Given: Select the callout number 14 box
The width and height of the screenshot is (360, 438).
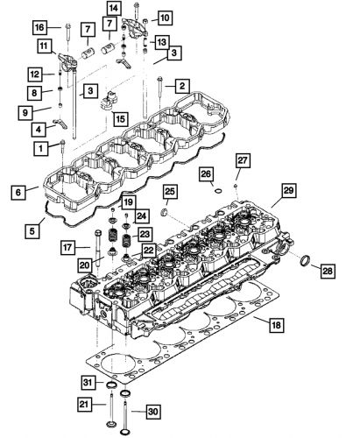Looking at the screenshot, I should [x=138, y=8].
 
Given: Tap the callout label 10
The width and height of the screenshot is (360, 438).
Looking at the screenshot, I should [x=165, y=17].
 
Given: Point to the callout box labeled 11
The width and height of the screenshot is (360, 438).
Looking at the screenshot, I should [x=42, y=46].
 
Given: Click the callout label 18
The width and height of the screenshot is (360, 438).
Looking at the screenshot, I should [x=276, y=325].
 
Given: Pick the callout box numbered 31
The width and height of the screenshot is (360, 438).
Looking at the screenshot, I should [x=88, y=383].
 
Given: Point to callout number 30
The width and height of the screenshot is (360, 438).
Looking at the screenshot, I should [x=152, y=410].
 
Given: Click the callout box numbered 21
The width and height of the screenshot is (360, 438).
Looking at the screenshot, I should [x=87, y=404].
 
